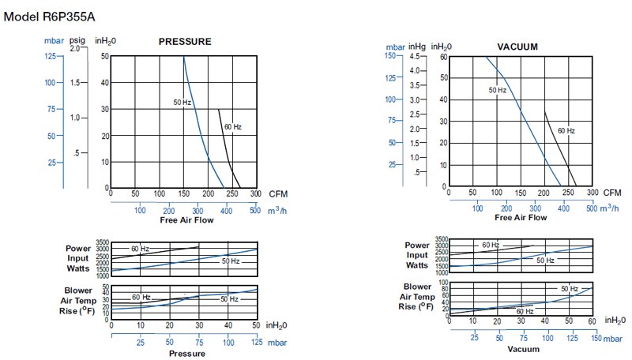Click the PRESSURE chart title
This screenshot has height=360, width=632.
(x=185, y=42)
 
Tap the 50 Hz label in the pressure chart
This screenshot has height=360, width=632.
(x=182, y=103)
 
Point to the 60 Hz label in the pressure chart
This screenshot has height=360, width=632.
(x=232, y=127)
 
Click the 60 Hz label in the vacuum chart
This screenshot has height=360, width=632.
(x=566, y=130)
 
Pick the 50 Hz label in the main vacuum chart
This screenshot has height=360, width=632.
(x=497, y=91)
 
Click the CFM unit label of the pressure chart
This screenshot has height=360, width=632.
(x=278, y=193)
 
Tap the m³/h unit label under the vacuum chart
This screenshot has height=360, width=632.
(x=608, y=208)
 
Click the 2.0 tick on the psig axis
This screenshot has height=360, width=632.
(x=75, y=48)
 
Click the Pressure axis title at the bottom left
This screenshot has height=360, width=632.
(x=187, y=353)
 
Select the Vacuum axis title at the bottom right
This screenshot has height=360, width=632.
(x=523, y=349)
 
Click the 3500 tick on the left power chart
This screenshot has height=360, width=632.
(x=103, y=242)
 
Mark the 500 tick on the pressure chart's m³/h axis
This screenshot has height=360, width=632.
(x=255, y=210)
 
